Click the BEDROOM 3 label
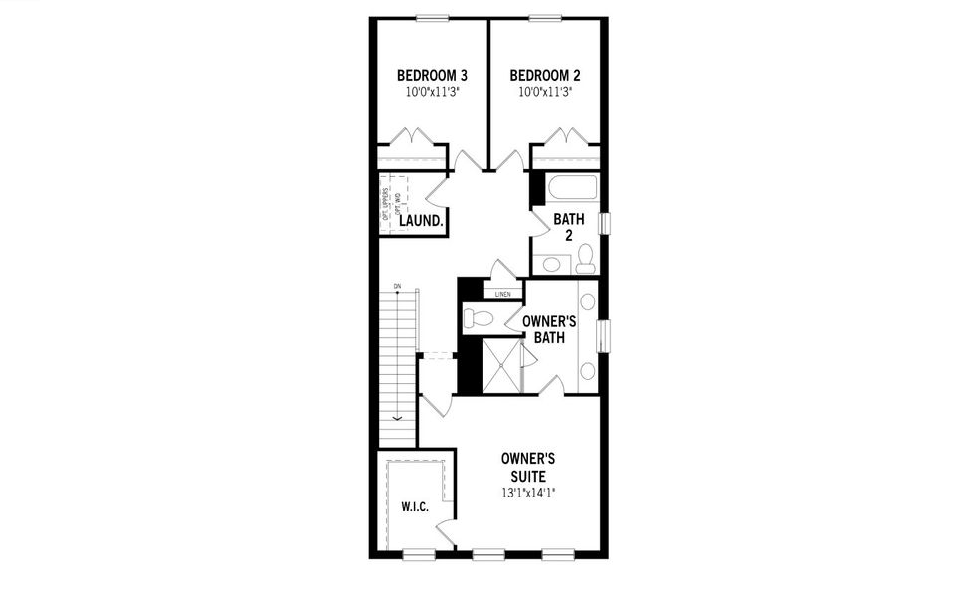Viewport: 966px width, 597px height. [x=432, y=75]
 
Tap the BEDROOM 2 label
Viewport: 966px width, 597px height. [x=545, y=75]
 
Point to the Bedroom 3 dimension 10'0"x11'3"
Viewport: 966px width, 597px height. [x=432, y=92]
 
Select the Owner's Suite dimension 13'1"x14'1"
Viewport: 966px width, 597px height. [x=527, y=493]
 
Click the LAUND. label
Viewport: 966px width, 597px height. [x=421, y=221]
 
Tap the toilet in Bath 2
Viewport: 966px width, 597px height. [x=585, y=259]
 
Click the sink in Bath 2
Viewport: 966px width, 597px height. [x=550, y=264]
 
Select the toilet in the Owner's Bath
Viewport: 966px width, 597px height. [x=479, y=318]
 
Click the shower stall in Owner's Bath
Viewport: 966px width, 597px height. [x=500, y=365]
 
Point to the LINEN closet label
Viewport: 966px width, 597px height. [x=503, y=294]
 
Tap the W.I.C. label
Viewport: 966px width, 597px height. [x=415, y=507]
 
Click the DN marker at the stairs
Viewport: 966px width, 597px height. [x=397, y=287]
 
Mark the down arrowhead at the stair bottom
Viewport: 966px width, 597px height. [x=397, y=417]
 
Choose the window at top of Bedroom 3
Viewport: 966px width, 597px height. [x=432, y=17]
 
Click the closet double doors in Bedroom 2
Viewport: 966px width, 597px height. [x=566, y=137]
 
